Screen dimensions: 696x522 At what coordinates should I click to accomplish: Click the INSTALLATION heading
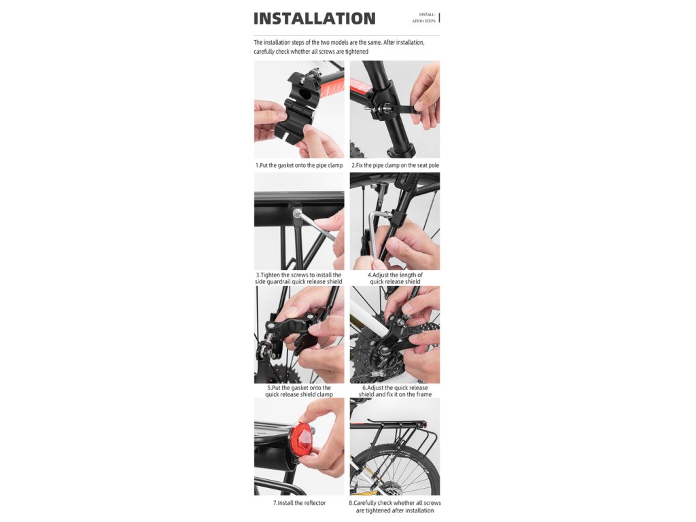314,18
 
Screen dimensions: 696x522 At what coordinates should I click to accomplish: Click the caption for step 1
299,166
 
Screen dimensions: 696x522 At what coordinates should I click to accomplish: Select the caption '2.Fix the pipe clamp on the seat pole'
395,166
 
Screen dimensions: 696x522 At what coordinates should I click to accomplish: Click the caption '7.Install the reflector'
299,503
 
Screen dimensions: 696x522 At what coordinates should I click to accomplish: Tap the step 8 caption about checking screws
395,506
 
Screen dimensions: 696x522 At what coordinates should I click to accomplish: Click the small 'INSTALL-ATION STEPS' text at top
424,18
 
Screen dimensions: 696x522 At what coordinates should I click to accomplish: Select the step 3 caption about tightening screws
299,278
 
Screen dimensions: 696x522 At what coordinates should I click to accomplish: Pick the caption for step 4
395,278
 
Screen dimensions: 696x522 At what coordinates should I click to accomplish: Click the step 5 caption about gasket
299,391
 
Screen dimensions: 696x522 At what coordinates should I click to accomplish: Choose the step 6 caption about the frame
395,391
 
